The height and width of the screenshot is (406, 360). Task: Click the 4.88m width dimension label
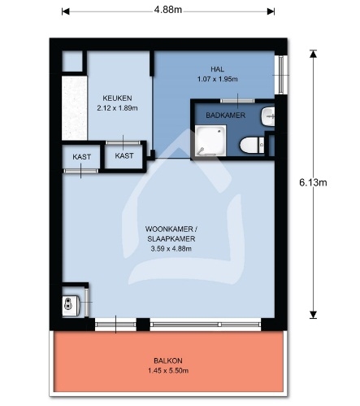pyautogui.click(x=168, y=10)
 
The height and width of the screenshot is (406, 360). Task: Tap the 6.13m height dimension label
pyautogui.click(x=313, y=182)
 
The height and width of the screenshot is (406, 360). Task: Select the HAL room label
pyautogui.click(x=217, y=69)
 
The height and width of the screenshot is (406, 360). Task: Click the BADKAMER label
pyautogui.click(x=225, y=116)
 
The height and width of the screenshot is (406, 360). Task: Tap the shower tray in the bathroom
pyautogui.click(x=210, y=141)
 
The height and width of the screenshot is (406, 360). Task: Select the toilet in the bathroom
pyautogui.click(x=252, y=145)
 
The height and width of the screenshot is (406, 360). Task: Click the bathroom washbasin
pyautogui.click(x=268, y=116)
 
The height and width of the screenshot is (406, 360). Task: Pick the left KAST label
pyautogui.click(x=81, y=157)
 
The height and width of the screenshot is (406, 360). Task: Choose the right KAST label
pyautogui.click(x=124, y=155)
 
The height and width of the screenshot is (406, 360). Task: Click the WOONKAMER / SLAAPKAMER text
pyautogui.click(x=171, y=234)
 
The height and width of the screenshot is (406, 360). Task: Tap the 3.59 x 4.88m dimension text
pyautogui.click(x=171, y=248)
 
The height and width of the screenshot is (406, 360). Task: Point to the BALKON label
pyautogui.click(x=168, y=360)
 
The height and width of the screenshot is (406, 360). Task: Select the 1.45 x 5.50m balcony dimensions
pyautogui.click(x=168, y=370)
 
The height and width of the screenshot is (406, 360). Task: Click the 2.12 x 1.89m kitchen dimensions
pyautogui.click(x=117, y=108)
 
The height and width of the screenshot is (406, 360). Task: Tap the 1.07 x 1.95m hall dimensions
pyautogui.click(x=217, y=79)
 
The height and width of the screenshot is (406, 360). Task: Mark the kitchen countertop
pyautogui.click(x=75, y=108)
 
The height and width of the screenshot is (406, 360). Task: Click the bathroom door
pyautogui.click(x=237, y=101)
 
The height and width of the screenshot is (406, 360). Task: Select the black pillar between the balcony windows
pyautogui.click(x=143, y=325)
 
